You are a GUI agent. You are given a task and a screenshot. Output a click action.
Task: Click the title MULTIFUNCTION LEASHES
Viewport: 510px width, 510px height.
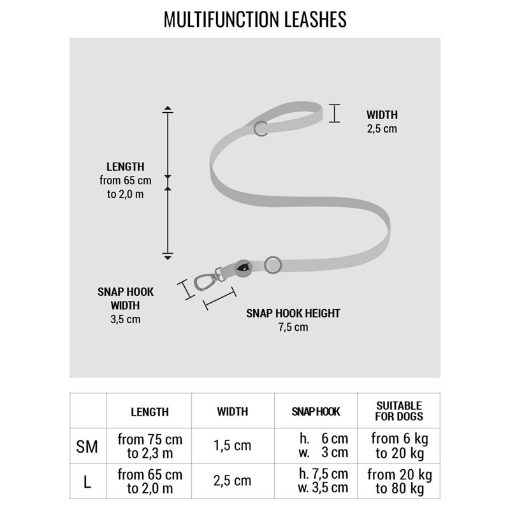tap(255, 19)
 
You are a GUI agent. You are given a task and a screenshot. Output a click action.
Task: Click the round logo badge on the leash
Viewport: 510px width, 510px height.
tap(244, 268)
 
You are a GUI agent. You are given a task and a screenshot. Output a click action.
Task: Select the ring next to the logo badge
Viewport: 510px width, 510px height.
tap(273, 265)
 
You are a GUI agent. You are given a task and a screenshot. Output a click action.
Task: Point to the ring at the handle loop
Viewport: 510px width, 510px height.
tap(261, 129)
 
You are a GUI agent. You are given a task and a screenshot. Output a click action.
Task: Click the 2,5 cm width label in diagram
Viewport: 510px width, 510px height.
tap(382, 129)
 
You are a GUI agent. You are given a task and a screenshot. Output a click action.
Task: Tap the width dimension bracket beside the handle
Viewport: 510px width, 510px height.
tap(334, 113)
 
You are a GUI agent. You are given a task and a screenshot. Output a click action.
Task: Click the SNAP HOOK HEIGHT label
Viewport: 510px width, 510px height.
tap(293, 313)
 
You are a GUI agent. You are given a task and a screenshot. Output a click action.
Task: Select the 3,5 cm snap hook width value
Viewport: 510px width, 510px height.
tap(126, 319)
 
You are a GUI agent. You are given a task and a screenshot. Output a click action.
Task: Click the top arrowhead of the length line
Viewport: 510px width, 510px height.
tap(168, 108)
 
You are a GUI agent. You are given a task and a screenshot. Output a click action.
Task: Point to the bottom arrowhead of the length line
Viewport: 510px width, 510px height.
tap(168, 258)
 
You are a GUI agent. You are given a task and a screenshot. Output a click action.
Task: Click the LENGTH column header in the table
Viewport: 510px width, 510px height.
tap(150, 412)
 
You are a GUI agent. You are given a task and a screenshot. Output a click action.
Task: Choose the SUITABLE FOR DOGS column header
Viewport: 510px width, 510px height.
tap(399, 411)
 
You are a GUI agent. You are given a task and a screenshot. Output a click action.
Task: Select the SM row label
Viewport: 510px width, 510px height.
tap(87, 447)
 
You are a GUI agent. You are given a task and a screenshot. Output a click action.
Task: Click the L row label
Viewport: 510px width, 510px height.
tap(87, 482)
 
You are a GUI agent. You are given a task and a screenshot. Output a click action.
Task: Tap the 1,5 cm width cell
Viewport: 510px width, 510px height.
tap(233, 446)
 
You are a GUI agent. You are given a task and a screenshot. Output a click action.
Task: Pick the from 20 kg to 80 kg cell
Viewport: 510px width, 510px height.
tap(400, 481)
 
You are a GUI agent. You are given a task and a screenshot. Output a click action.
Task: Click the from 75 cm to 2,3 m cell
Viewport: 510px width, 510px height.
tap(150, 446)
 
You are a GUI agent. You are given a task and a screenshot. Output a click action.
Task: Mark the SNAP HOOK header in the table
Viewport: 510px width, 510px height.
tap(316, 412)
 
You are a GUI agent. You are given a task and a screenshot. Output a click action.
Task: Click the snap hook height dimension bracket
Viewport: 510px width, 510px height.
tap(219, 298)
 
